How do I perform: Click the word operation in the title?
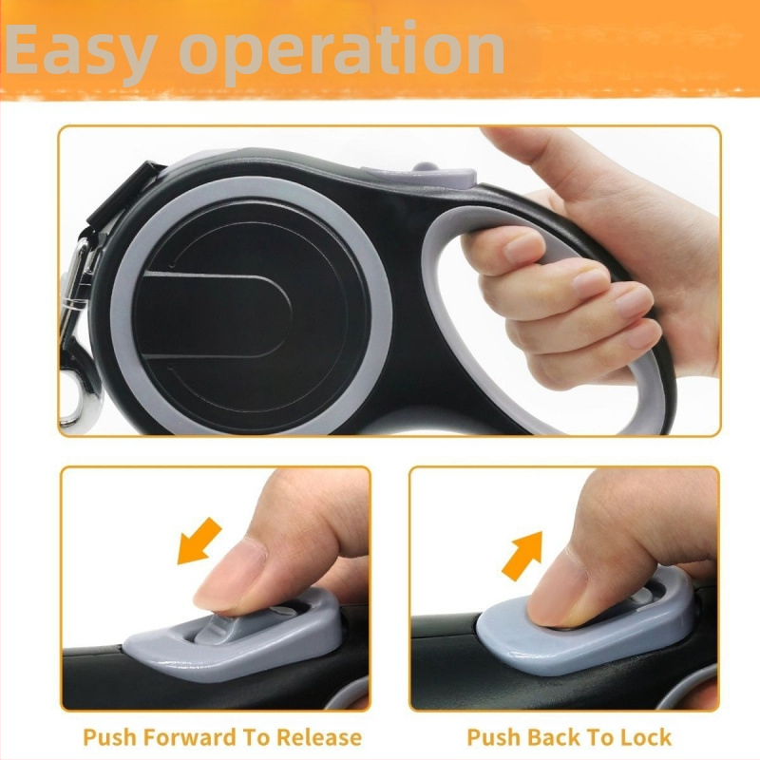[343, 52]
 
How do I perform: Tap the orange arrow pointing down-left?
[199, 541]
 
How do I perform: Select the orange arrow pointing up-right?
[522, 556]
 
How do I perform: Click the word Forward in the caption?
[191, 737]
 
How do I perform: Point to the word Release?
[319, 737]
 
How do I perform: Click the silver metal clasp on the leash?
[78, 334]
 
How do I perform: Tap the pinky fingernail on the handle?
[644, 333]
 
